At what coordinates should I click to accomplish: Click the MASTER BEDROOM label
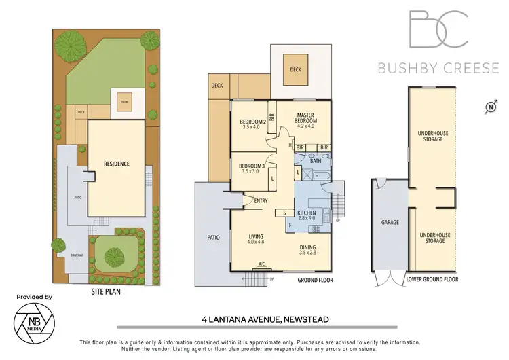pos(305,120)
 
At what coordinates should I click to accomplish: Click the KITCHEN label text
pos(307,215)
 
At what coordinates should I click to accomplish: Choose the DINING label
pos(308,249)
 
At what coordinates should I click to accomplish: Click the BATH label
pos(315,161)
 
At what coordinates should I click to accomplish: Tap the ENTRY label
pos(261,200)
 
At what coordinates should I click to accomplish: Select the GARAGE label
pos(390,222)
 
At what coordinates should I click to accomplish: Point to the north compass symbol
pos(489,107)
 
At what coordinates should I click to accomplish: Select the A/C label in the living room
pos(262,264)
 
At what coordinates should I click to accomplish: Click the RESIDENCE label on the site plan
pos(116,164)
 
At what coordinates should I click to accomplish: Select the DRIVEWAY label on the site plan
pos(76,255)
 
